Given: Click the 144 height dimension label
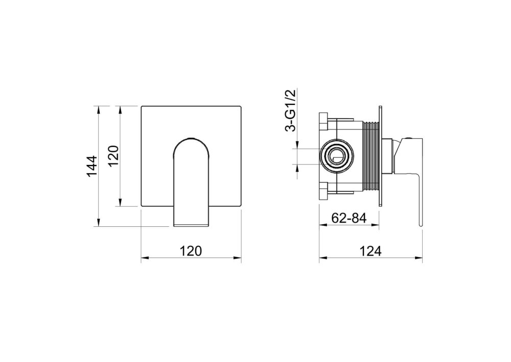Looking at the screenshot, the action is click(x=92, y=166).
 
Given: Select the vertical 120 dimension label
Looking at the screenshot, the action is click(x=113, y=156).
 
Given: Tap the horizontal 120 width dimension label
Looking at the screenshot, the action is click(x=191, y=251).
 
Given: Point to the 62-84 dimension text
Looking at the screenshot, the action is click(x=349, y=218).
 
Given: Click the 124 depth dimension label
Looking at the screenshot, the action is click(x=370, y=251).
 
